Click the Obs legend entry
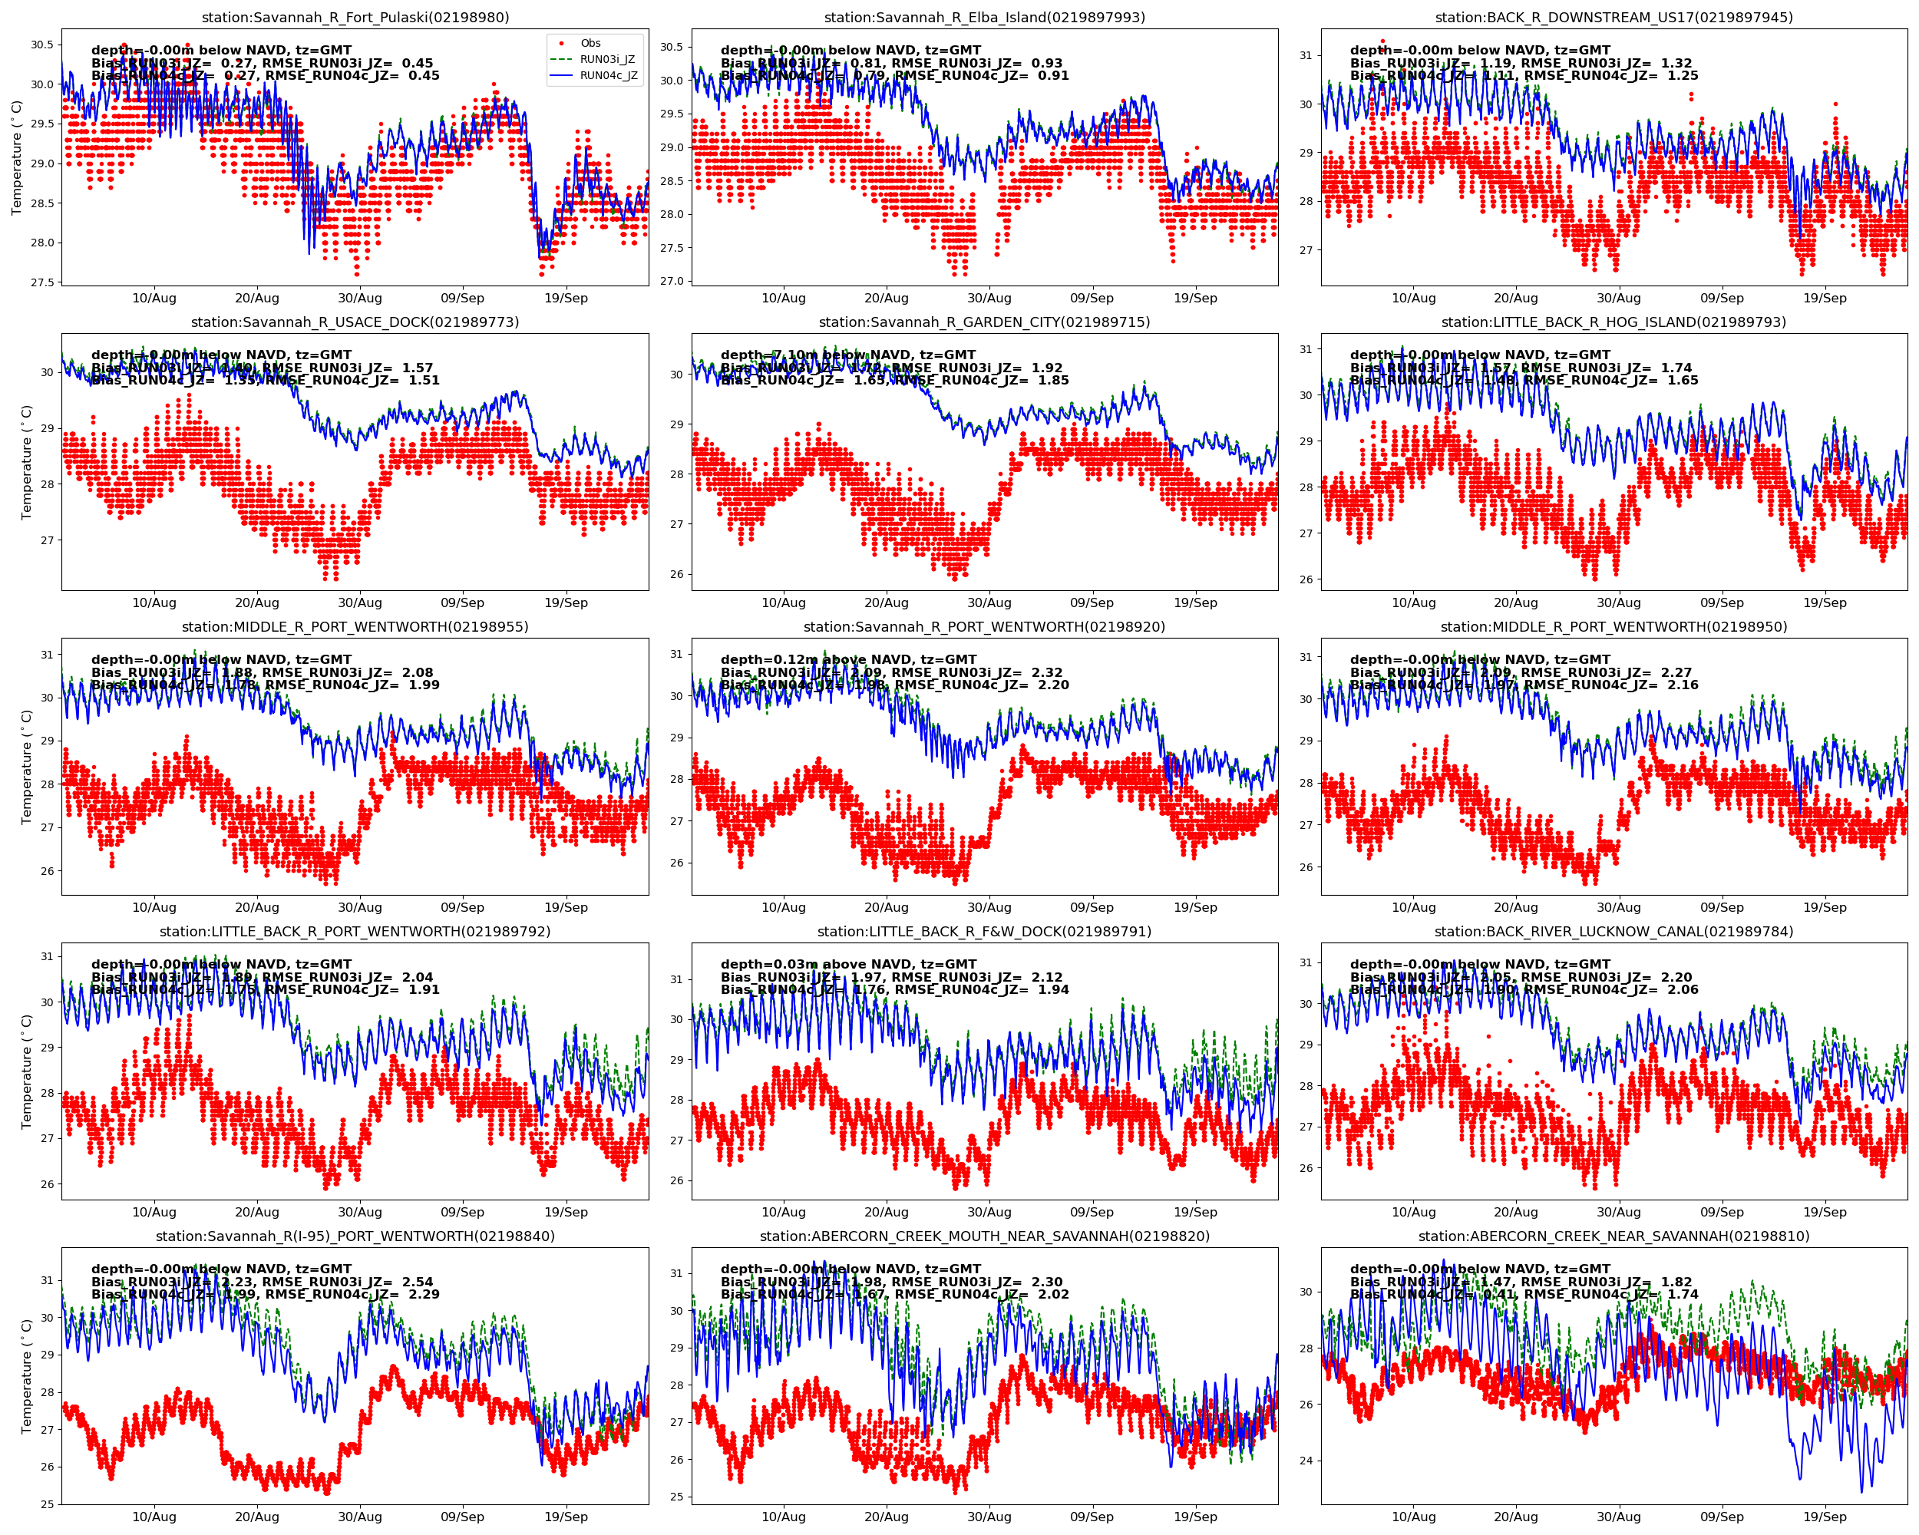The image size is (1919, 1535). click(x=590, y=44)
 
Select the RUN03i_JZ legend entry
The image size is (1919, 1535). click(x=607, y=60)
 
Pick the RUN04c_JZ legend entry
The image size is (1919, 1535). click(x=609, y=76)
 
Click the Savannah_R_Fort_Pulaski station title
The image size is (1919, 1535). click(x=355, y=18)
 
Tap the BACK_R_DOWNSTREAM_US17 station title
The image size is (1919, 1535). click(x=1613, y=18)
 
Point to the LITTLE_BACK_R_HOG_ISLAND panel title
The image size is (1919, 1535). click(x=1613, y=322)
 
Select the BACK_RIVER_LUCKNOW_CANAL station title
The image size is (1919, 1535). click(x=1613, y=932)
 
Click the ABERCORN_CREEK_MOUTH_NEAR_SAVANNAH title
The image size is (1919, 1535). click(x=984, y=1236)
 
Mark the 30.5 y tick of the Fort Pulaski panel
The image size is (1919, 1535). click(x=41, y=45)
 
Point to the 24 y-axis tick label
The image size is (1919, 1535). click(x=1306, y=1461)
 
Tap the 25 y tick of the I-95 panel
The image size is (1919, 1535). click(x=46, y=1504)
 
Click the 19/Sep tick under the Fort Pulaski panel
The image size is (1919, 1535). click(x=566, y=298)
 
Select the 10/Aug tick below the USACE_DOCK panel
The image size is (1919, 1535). click(x=154, y=602)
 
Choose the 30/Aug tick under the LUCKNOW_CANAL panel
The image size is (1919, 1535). click(x=1618, y=1212)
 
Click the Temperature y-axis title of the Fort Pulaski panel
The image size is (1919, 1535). click(x=16, y=157)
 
